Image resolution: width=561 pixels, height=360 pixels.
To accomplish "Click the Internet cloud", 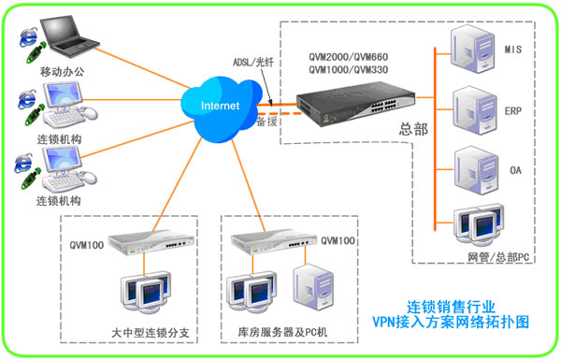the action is (x=221, y=108).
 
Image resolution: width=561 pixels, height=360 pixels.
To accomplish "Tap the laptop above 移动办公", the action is (x=68, y=36).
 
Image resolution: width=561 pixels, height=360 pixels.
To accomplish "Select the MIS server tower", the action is (x=472, y=49).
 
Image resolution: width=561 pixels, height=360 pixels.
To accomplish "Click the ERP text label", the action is (x=513, y=111).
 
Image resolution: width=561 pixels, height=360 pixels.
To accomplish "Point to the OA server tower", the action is (x=476, y=170).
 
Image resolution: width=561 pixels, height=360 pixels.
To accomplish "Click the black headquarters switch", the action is (x=355, y=103).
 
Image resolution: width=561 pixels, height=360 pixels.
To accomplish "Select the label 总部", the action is (x=413, y=129).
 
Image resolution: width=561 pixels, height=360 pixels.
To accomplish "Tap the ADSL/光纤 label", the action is (x=253, y=63).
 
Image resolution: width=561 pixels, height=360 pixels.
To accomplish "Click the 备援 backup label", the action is (x=267, y=122).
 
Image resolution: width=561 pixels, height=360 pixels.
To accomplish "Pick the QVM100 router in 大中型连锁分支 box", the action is (x=151, y=242).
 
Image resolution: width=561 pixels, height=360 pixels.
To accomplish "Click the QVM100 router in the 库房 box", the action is (x=274, y=241).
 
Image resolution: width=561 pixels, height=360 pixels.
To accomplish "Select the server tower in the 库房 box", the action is (x=313, y=287).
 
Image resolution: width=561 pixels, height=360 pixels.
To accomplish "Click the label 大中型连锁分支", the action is (x=151, y=333).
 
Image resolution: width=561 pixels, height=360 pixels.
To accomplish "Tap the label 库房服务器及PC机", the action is (x=282, y=332).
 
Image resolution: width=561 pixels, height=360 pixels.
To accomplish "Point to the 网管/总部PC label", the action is (x=498, y=257).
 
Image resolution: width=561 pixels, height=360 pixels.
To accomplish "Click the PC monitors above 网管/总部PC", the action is (x=479, y=224).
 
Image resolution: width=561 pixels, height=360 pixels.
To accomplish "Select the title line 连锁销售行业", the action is (x=451, y=307).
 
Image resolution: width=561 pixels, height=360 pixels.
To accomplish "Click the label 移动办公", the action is (x=62, y=72).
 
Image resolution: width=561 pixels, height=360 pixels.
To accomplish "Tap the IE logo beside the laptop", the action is (x=28, y=37).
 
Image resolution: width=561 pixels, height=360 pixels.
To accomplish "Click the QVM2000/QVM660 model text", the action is (x=349, y=57).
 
